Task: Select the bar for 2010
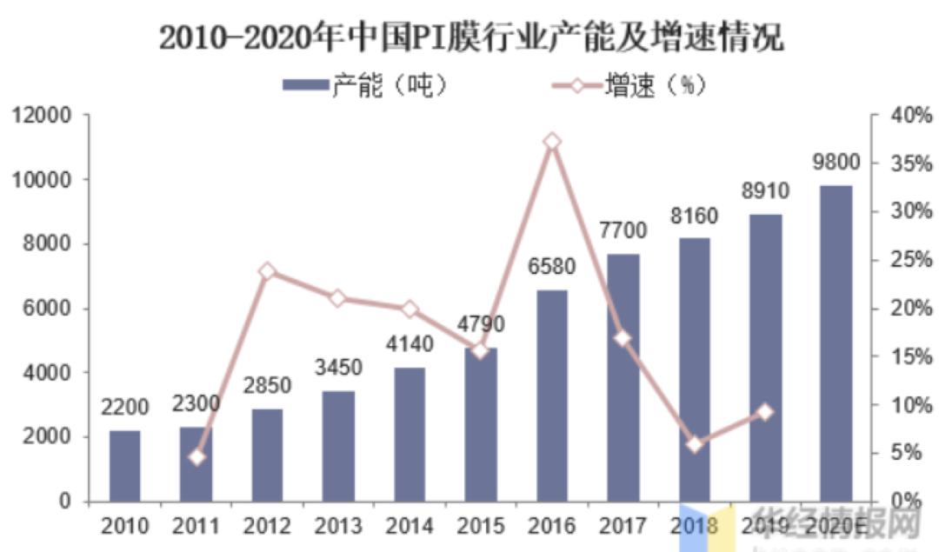(x=124, y=466)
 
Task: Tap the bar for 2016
(x=552, y=396)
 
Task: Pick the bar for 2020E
(x=836, y=343)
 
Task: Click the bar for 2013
(x=338, y=446)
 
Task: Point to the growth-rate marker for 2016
(x=552, y=142)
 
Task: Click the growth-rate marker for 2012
(x=268, y=271)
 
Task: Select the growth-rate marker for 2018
(x=695, y=444)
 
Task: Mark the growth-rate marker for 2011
(x=196, y=456)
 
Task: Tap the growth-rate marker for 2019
(x=765, y=412)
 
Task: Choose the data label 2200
(x=124, y=407)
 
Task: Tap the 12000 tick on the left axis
(x=41, y=116)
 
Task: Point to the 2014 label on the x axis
(x=410, y=526)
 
